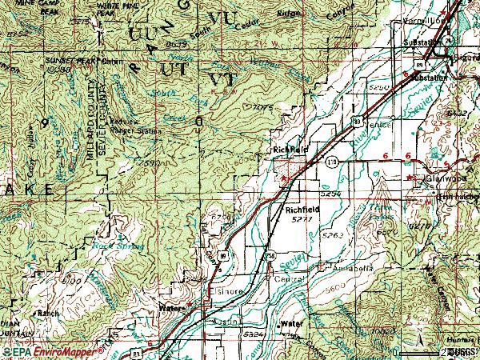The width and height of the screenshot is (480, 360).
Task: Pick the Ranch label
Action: (33, 314)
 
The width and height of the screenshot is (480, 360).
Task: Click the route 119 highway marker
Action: (330, 162)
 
